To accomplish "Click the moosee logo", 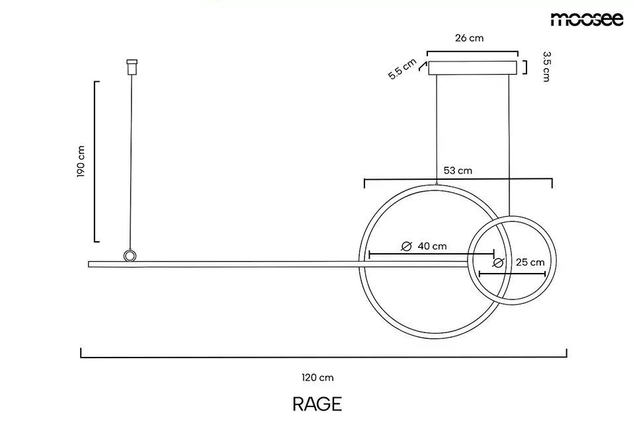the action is pos(587,19).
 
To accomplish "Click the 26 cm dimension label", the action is pos(470,38).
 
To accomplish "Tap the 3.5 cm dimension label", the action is pos(546,66).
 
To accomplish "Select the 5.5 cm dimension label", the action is pos(402,69).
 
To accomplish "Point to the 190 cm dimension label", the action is pos(81,161).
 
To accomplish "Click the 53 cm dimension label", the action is pos(458,171).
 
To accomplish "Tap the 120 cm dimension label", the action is pos(318,377).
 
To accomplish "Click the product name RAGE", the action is pos(317,404).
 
